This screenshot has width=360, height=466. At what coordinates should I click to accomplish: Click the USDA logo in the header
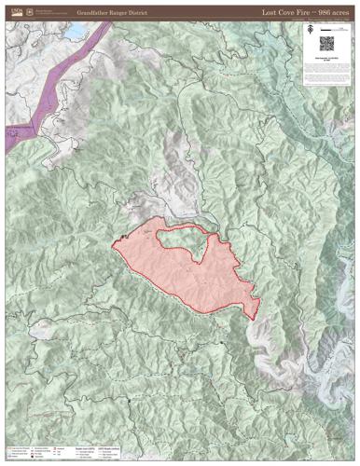pos(12,11)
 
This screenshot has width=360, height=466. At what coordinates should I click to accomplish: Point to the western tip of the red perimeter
pos(113,246)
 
